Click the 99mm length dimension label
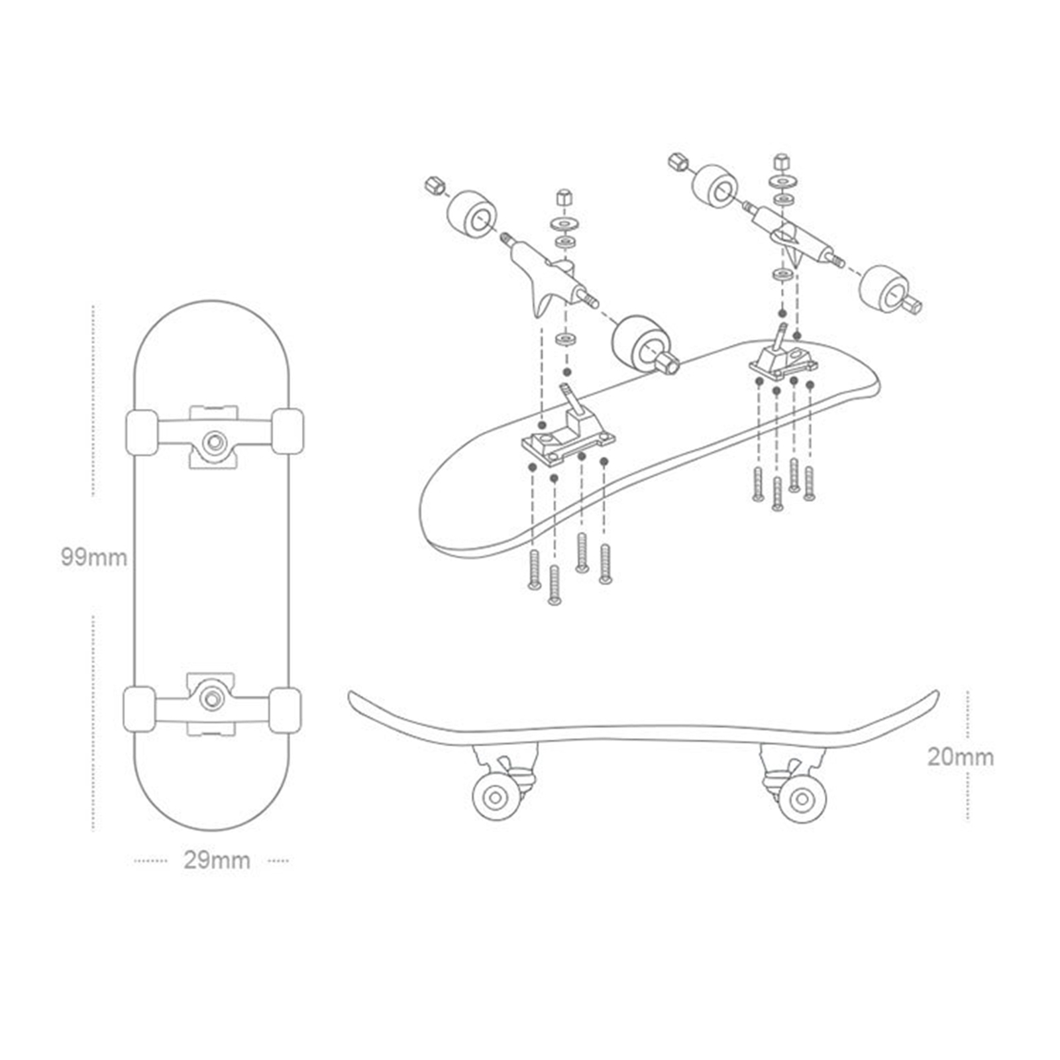(93, 557)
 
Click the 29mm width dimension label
(217, 861)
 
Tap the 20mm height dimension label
(960, 757)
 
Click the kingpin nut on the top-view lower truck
(212, 698)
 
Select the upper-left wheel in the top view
(141, 432)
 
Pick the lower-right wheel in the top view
(286, 710)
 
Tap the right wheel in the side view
(802, 799)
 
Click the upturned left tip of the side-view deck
(354, 698)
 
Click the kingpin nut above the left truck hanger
(564, 197)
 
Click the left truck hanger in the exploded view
(550, 272)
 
